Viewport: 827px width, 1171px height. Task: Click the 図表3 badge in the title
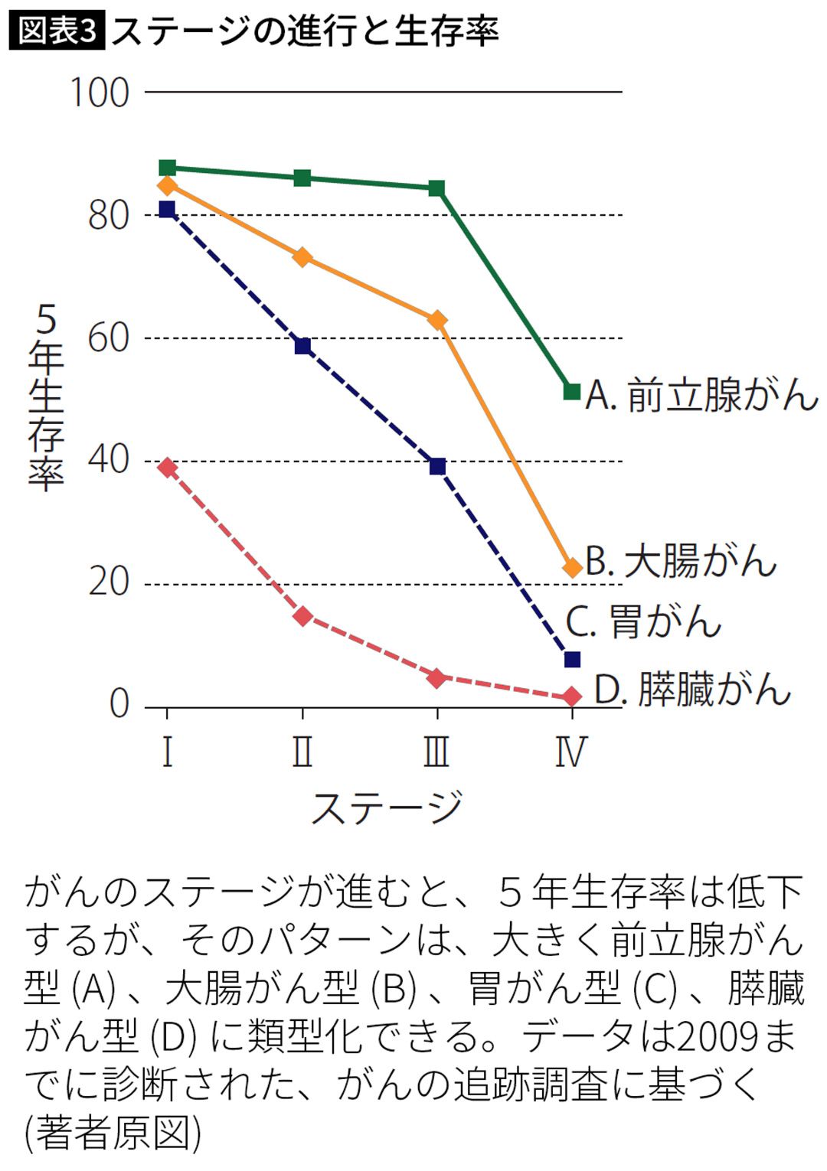pos(57,31)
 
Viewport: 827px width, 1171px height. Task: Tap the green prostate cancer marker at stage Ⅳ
pos(571,392)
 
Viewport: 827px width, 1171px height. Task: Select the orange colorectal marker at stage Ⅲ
pos(437,320)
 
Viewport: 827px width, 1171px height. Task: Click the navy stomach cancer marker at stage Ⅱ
pos(302,346)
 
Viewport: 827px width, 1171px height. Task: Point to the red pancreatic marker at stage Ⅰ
pos(167,468)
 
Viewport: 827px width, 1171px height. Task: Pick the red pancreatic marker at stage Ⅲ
pos(437,678)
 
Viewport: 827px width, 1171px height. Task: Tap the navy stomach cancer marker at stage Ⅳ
pos(571,660)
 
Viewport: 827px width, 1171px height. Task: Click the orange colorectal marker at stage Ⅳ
pos(571,568)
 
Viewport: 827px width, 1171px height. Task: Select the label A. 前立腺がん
pos(701,396)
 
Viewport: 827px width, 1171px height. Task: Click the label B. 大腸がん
pos(681,561)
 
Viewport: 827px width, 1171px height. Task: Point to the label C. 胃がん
pos(643,621)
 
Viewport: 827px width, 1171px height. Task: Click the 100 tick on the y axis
pos(100,93)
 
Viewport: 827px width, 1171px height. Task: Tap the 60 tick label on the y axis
pos(109,338)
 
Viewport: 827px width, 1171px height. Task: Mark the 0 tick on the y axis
pos(119,704)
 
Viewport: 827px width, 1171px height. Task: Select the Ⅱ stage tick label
pos(302,752)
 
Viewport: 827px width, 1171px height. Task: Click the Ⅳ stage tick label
pos(571,752)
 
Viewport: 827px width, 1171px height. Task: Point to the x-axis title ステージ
pos(387,807)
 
